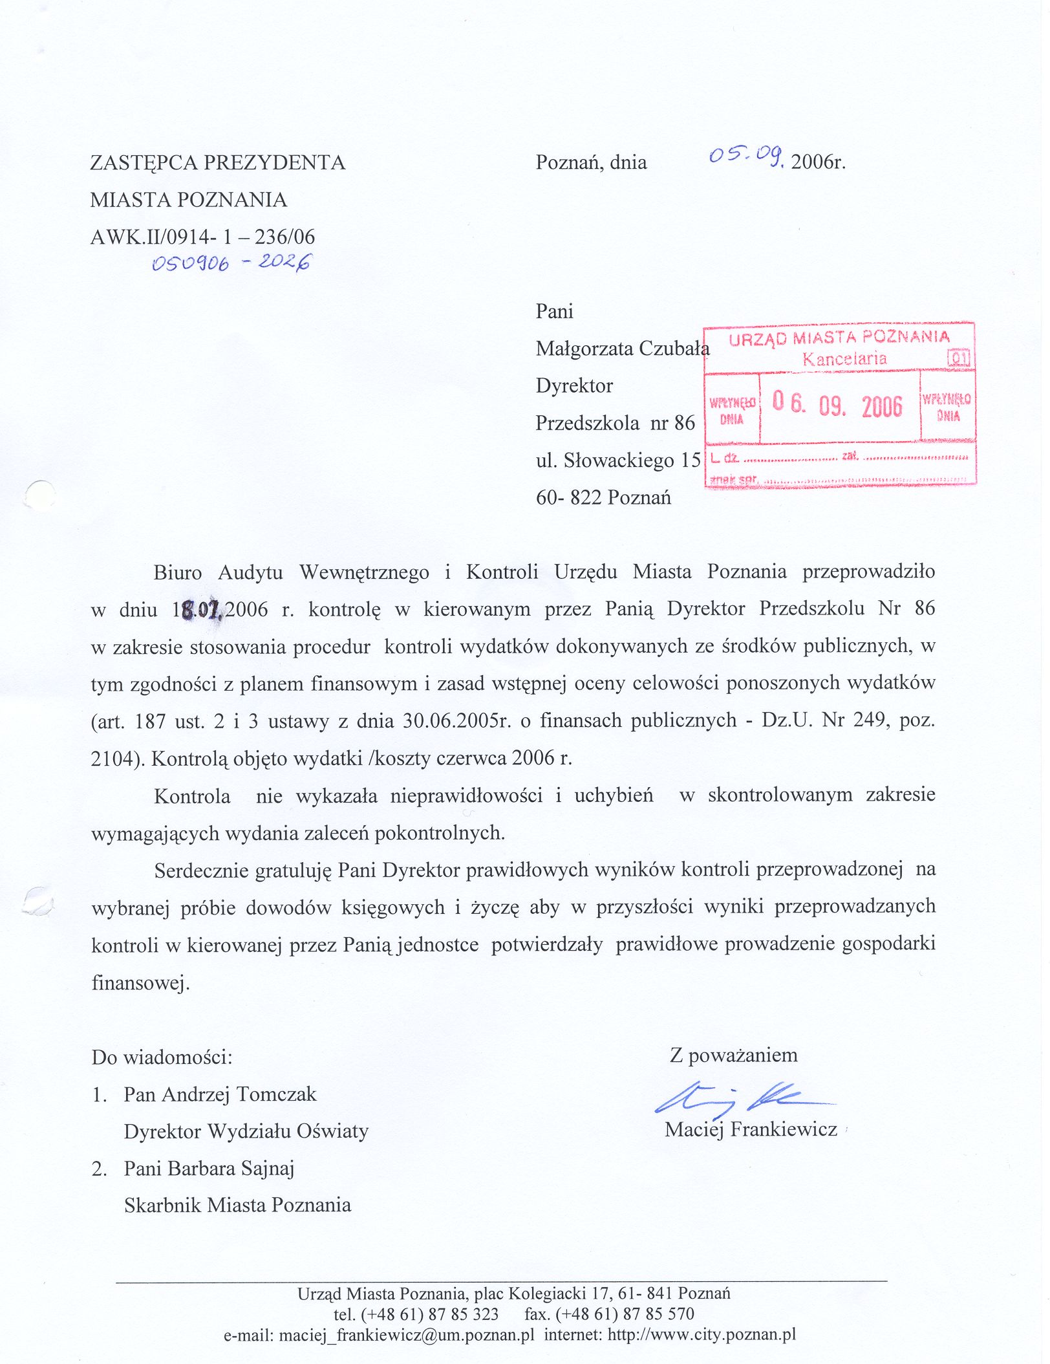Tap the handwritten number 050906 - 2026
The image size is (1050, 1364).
231,263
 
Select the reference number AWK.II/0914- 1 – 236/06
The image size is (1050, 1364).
202,237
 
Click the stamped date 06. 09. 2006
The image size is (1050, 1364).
837,406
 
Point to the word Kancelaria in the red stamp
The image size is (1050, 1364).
844,359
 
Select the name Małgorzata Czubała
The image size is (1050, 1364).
622,349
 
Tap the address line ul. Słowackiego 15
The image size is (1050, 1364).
618,460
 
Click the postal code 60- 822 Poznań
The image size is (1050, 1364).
603,497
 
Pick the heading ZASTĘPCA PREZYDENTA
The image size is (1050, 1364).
218,162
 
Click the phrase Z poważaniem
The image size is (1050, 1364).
734,1055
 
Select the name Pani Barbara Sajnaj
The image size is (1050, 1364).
209,1168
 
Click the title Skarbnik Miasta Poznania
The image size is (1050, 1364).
237,1205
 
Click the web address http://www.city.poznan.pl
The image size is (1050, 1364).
702,1334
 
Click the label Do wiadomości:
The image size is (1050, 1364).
162,1057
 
